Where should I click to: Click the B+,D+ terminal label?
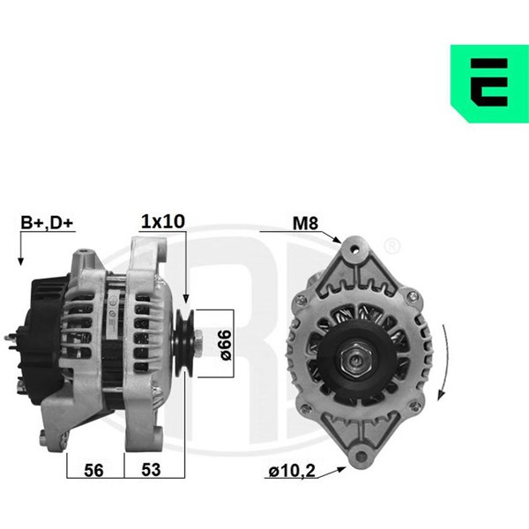[x=47, y=223]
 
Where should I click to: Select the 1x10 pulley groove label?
[x=163, y=221]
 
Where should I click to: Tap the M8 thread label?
[x=305, y=223]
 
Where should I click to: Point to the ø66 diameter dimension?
[x=226, y=345]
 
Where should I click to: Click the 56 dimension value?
[x=93, y=470]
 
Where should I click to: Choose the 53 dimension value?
[x=151, y=470]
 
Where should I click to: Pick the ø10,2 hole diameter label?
[x=292, y=471]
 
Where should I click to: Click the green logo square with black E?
[x=489, y=84]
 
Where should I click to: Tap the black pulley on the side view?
[x=184, y=344]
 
